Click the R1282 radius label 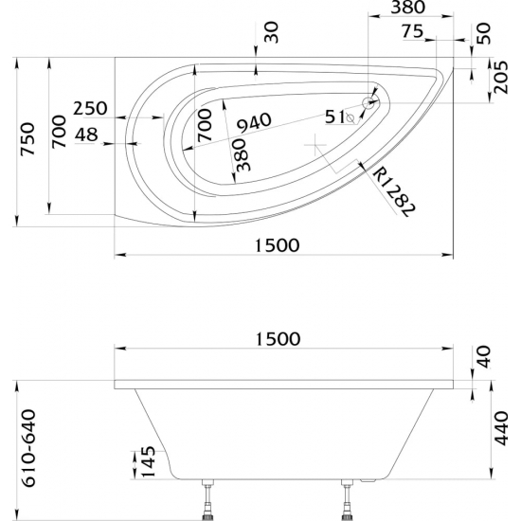[390, 192]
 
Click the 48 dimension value [86, 135]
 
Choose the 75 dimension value [412, 29]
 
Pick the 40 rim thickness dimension [485, 358]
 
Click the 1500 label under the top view [278, 244]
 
